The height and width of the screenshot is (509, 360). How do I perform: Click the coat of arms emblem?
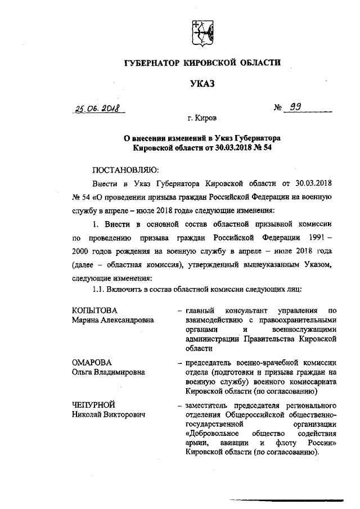[x=201, y=34]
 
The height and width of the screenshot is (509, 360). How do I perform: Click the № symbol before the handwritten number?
[x=277, y=108]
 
